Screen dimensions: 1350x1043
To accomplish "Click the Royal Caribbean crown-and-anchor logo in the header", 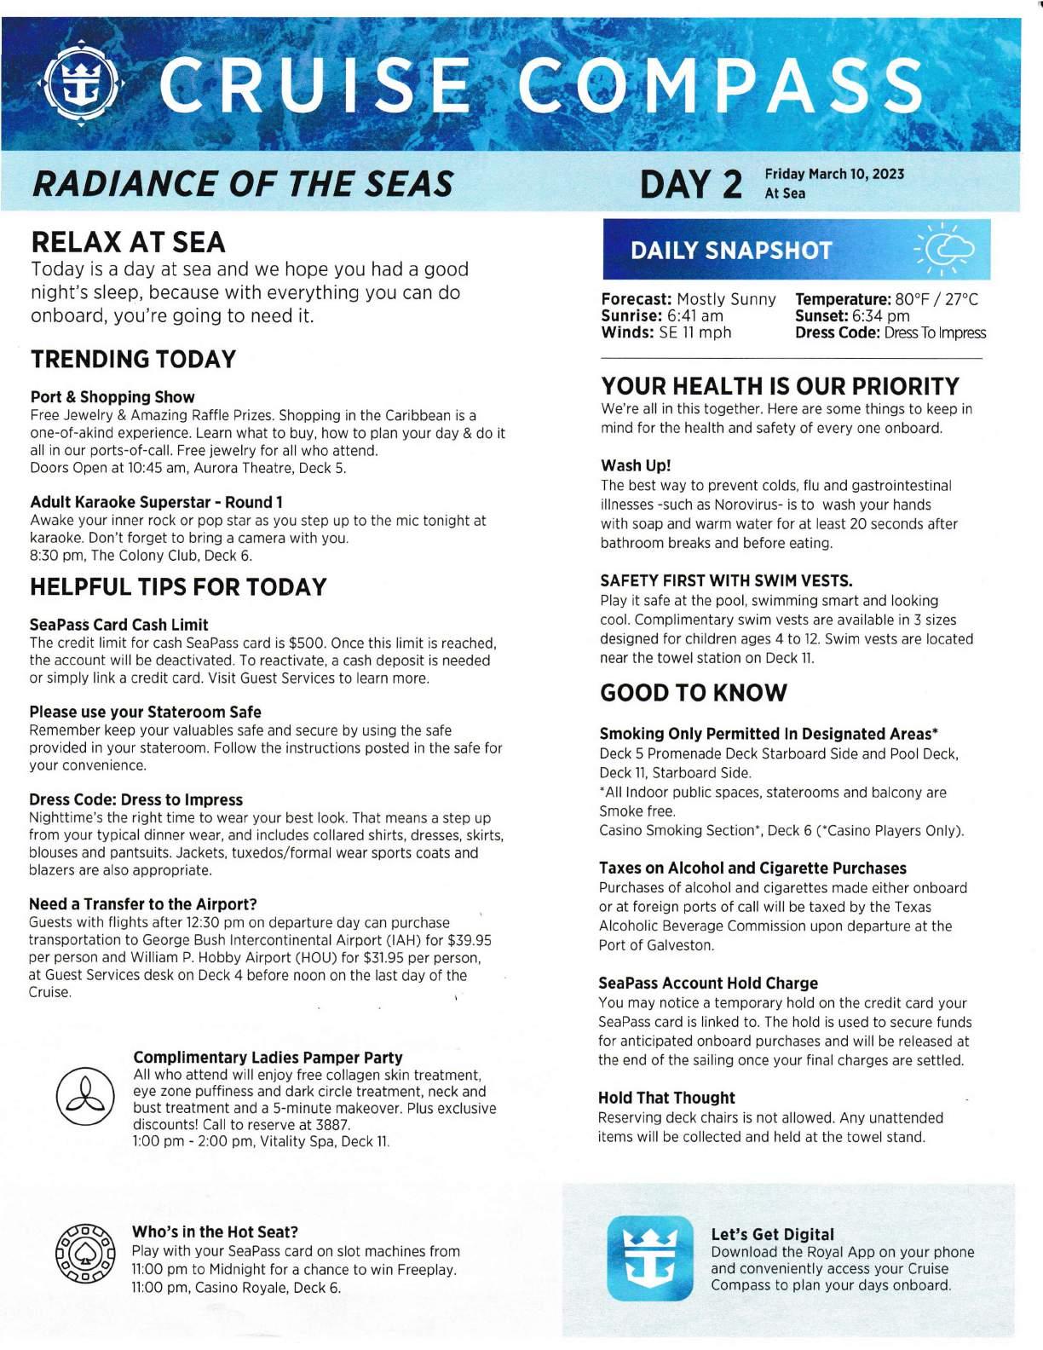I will coord(83,84).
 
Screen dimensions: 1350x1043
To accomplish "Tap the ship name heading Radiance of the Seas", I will coord(241,183).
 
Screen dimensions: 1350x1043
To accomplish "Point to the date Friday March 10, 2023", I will coord(834,174).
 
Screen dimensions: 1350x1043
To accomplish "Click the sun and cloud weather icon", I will coord(946,250).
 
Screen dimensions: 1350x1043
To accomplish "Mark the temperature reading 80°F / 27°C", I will coord(936,300).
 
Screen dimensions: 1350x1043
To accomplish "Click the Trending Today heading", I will coord(133,360).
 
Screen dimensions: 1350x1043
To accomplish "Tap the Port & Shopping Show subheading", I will coord(112,397).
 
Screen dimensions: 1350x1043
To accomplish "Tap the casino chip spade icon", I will coord(84,1255).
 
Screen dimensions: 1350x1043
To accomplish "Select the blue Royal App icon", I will coord(650,1257).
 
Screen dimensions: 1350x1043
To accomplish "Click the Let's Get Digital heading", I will coord(772,1234).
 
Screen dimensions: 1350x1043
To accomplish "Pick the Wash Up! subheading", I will coord(636,465).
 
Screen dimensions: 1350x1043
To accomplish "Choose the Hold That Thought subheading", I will coord(666,1098).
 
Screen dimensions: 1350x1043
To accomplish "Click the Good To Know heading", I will coord(694,693).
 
